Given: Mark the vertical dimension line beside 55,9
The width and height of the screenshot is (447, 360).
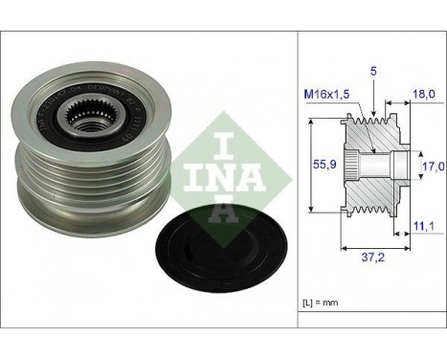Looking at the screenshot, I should [314, 164].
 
